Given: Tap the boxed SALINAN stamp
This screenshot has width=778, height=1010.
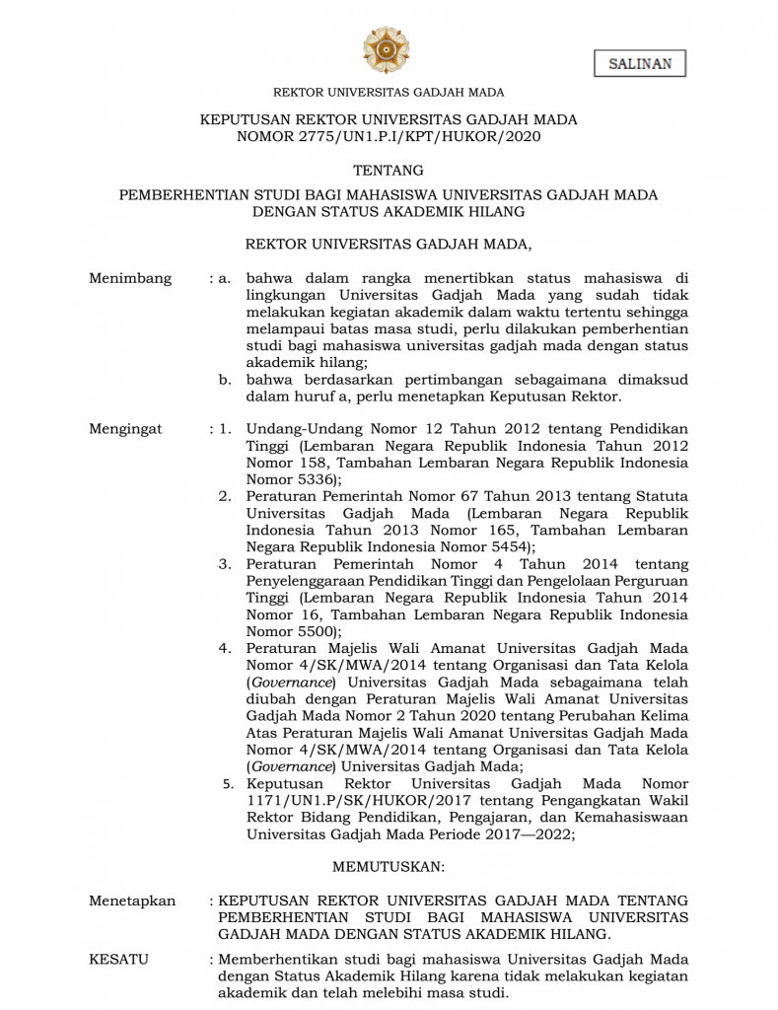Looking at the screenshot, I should coord(640,64).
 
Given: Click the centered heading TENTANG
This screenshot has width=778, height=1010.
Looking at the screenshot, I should coord(389,170).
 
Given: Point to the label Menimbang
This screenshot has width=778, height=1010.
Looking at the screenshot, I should coord(130,278).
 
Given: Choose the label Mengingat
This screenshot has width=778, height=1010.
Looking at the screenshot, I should coord(125,429).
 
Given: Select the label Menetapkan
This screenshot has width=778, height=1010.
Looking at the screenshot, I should coord(132,901).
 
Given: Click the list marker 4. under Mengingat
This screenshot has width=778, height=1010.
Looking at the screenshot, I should coord(225,648).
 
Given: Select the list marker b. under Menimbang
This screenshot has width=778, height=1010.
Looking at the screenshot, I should coord(226,380).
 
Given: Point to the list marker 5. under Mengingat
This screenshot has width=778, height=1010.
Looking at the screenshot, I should coord(227,784).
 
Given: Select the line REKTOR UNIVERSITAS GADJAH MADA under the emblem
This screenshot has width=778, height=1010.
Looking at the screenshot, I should coord(389,93).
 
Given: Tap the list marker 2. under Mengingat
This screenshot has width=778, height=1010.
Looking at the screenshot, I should coord(225,495).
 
